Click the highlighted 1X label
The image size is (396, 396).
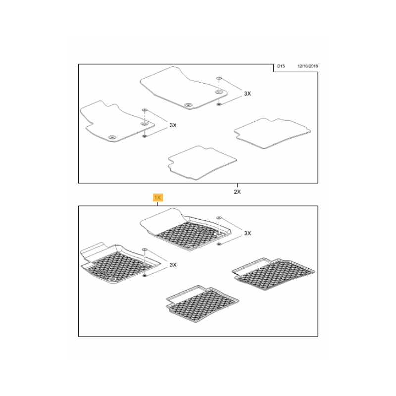(157, 198)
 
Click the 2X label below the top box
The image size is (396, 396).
(237, 192)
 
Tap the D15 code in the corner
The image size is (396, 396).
(281, 66)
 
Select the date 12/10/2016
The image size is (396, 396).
(307, 66)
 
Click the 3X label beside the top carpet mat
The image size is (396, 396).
(247, 94)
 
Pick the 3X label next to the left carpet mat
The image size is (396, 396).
(173, 125)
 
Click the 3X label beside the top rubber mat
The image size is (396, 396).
(247, 233)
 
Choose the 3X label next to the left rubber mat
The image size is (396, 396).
(173, 265)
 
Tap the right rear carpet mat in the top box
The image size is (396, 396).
(272, 133)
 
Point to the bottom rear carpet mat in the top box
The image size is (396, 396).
(202, 163)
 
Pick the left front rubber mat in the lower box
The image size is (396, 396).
(119, 264)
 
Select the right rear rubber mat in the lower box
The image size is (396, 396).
(273, 274)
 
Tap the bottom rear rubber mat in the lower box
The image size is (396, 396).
(202, 304)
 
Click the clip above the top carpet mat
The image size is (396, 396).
(219, 78)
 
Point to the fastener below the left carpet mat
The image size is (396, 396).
(145, 136)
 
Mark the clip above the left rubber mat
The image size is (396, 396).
(145, 249)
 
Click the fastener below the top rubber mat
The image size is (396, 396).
(219, 244)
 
